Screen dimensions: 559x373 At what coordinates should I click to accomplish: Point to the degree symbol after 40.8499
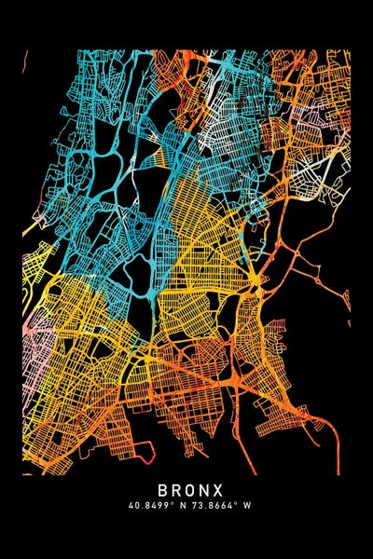click(169, 502)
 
